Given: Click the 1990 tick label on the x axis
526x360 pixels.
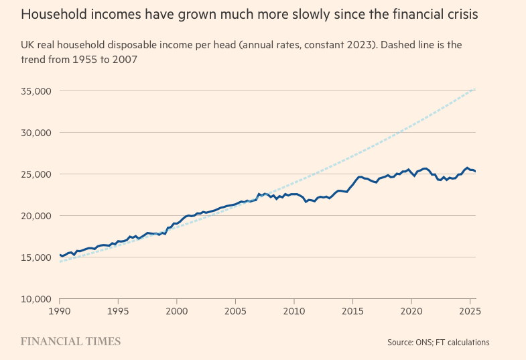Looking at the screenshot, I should pyautogui.click(x=60, y=312).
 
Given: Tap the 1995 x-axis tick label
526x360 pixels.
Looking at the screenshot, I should pyautogui.click(x=118, y=312).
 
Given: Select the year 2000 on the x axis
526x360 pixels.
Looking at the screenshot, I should pyautogui.click(x=176, y=312).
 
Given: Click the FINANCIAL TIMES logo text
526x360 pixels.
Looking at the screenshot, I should pyautogui.click(x=70, y=342).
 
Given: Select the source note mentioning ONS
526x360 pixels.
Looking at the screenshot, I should pyautogui.click(x=438, y=343).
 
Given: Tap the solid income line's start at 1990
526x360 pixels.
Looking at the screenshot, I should pyautogui.click(x=60, y=255).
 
